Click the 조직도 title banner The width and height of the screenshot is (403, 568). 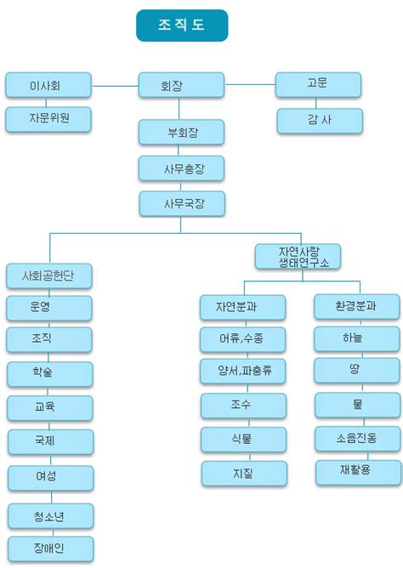click(182, 26)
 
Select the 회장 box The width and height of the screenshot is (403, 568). click(181, 85)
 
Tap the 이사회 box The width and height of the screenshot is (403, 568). click(48, 85)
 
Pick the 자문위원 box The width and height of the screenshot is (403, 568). click(48, 119)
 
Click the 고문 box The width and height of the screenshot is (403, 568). click(318, 85)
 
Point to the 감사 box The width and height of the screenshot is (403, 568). click(320, 121)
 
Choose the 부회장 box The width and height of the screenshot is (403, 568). click(181, 133)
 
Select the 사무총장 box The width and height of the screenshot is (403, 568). click(181, 168)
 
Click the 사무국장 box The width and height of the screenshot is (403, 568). click(182, 204)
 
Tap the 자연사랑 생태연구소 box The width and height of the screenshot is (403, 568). click(298, 257)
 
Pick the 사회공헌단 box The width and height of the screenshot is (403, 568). click(48, 276)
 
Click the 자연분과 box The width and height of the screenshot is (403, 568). click(243, 307)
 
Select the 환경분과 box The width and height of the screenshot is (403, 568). click(357, 307)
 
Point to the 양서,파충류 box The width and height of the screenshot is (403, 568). click(243, 371)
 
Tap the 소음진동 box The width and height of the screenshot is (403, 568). click(358, 439)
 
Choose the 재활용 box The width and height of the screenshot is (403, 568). click(359, 473)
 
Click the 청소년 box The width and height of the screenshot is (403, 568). click(51, 516)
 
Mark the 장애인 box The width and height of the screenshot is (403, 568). click(51, 548)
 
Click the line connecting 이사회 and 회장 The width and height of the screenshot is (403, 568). click(115, 86)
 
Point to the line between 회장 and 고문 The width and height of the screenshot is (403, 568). click(250, 84)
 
